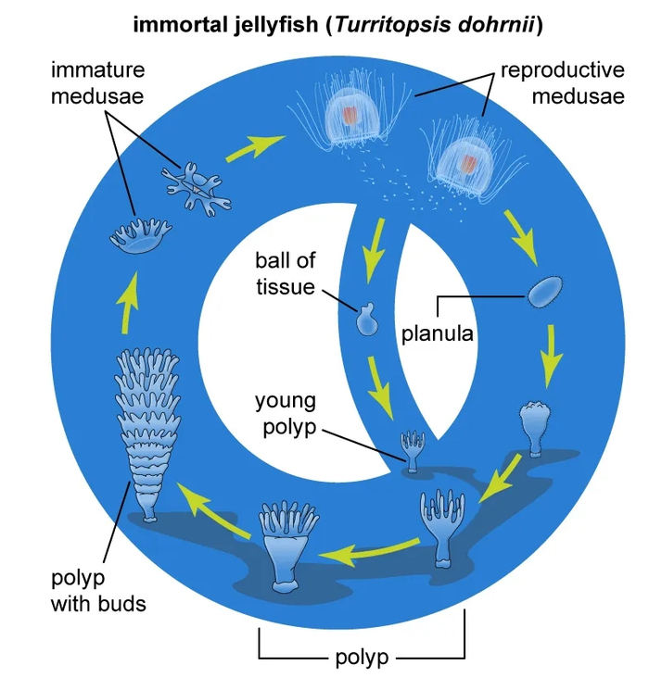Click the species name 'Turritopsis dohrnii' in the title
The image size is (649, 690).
tap(435, 25)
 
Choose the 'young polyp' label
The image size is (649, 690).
tap(286, 412)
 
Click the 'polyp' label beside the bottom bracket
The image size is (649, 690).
tap(362, 659)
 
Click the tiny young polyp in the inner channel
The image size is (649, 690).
tap(411, 448)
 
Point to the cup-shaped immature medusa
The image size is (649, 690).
tap(137, 236)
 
